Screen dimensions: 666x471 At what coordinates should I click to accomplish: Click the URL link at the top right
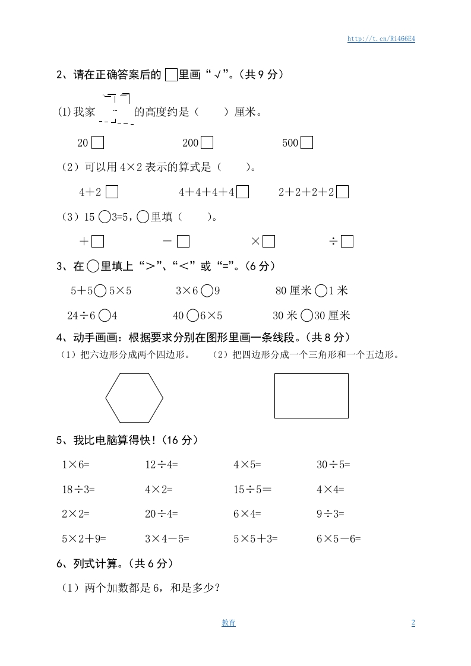(380, 39)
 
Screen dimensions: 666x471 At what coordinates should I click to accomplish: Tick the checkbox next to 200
(207, 143)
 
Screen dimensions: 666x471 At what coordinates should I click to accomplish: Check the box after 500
(306, 143)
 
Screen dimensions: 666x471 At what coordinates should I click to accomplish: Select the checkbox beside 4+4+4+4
(242, 192)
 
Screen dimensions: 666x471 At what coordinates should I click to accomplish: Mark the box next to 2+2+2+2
(342, 192)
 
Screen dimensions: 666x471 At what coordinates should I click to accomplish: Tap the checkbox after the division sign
(347, 241)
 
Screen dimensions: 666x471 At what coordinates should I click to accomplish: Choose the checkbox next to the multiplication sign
(268, 241)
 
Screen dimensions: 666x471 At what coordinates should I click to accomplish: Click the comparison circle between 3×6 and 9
(207, 291)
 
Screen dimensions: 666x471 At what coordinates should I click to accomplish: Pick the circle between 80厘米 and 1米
(320, 291)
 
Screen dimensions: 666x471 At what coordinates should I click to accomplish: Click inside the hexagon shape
(134, 398)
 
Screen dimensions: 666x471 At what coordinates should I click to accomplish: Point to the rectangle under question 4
(311, 396)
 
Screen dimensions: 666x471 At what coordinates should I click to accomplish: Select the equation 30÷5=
(333, 465)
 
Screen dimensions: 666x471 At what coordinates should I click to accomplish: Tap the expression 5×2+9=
(84, 539)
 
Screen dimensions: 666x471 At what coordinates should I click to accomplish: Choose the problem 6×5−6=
(339, 539)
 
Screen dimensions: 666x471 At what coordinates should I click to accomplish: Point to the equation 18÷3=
(78, 490)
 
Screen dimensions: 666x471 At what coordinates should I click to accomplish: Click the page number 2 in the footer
(413, 623)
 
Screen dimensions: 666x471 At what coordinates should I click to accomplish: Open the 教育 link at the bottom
(229, 623)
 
